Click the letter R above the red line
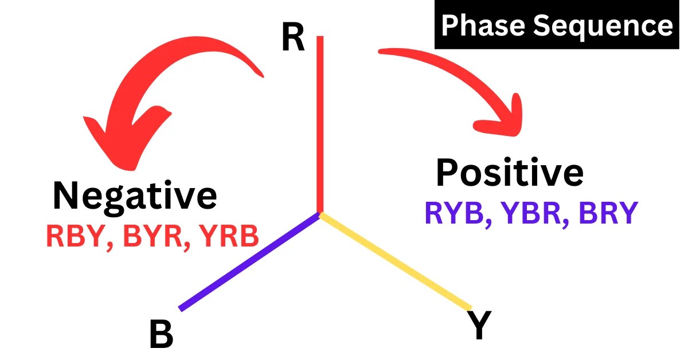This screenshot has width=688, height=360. pyautogui.click(x=293, y=40)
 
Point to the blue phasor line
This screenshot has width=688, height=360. pyautogui.click(x=249, y=262)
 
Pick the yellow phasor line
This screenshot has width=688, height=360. pyautogui.click(x=396, y=261)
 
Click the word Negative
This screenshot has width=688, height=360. pyautogui.click(x=135, y=195)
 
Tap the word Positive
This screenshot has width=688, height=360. pyautogui.click(x=510, y=173)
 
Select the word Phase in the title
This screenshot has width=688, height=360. pyautogui.click(x=487, y=26)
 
